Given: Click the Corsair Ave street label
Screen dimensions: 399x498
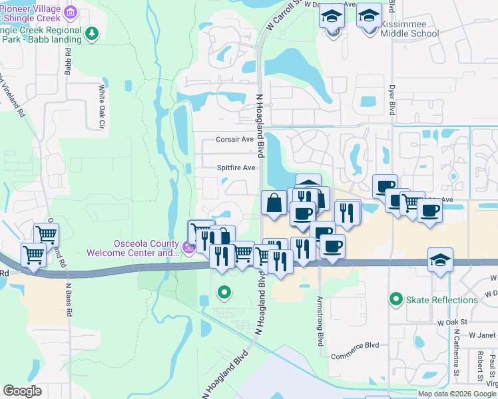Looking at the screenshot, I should (234, 140).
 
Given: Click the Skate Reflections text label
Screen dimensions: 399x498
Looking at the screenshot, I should (442, 300).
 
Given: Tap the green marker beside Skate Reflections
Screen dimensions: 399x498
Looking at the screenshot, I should (397, 299).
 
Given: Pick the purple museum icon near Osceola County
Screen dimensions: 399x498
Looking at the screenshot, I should (189, 249).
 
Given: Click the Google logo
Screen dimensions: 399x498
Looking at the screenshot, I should (22, 390).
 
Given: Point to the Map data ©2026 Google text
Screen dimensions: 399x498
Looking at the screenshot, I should (456, 394).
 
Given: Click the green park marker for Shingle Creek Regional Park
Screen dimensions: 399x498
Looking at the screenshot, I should (92, 33).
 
